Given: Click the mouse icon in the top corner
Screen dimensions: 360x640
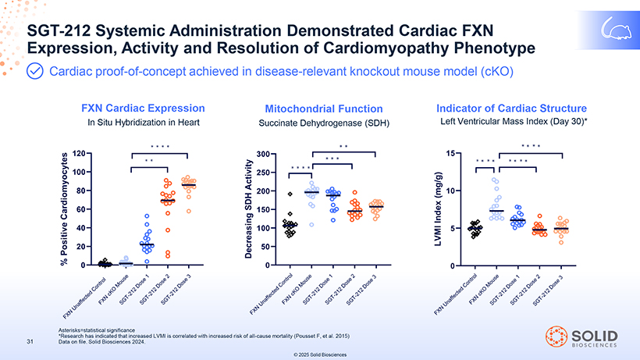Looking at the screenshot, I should pyautogui.click(x=614, y=29).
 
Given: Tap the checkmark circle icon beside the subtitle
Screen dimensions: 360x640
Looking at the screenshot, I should pyautogui.click(x=36, y=72).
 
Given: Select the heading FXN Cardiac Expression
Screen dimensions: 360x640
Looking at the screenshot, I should pyautogui.click(x=144, y=108).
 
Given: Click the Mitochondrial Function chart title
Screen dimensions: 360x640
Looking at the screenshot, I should pyautogui.click(x=324, y=109).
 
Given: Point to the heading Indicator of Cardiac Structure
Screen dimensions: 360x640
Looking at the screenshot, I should pyautogui.click(x=511, y=108).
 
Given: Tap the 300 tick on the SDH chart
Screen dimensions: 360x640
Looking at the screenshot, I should pyautogui.click(x=263, y=154).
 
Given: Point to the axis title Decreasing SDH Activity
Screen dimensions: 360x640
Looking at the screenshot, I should pyautogui.click(x=249, y=209).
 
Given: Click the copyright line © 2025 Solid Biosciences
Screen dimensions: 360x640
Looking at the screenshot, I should pyautogui.click(x=321, y=355).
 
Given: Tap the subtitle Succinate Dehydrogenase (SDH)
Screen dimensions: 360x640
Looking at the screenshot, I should pyautogui.click(x=323, y=123).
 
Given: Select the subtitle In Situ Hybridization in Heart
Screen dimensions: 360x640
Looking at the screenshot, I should pyautogui.click(x=144, y=122).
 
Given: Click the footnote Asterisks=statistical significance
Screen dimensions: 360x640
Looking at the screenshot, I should pyautogui.click(x=97, y=330).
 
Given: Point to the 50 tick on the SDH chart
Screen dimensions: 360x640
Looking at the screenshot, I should pyautogui.click(x=265, y=247).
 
